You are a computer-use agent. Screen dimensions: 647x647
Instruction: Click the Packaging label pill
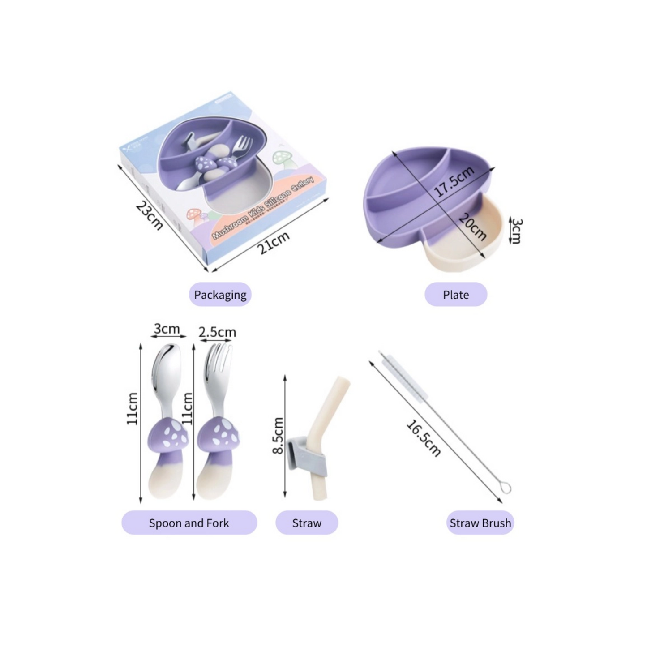point(220,295)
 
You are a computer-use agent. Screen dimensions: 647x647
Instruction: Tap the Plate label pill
point(455,295)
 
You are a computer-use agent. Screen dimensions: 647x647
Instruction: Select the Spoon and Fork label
point(189,523)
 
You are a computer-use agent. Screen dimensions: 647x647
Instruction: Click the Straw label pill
point(307,523)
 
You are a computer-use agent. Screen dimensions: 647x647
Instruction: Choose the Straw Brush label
point(480,523)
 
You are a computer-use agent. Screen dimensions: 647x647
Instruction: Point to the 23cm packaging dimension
point(149,215)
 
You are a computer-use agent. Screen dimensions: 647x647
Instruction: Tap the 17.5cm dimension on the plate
point(454,181)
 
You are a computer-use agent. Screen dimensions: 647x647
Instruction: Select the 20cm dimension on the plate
point(472,227)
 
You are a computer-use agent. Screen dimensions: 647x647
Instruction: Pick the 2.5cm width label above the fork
point(217,332)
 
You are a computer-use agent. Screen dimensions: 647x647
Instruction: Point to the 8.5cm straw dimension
point(278,435)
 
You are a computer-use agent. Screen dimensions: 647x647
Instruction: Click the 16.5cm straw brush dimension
point(423,437)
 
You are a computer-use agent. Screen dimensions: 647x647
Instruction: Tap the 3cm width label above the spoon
point(167,329)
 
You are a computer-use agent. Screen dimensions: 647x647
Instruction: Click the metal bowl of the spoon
point(166,365)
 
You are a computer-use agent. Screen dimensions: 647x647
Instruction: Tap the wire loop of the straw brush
point(505,487)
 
